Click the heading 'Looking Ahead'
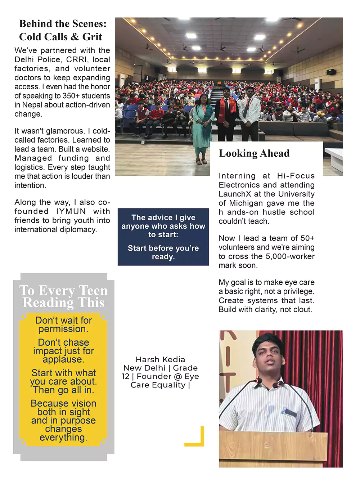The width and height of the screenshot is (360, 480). [x=254, y=153]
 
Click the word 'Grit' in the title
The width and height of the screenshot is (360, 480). [x=92, y=37]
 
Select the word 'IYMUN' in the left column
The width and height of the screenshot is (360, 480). [x=71, y=212]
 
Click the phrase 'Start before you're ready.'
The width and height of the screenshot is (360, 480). [x=163, y=252]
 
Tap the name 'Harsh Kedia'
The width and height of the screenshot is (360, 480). [x=160, y=359]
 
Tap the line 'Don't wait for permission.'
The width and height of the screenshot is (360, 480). [x=63, y=324]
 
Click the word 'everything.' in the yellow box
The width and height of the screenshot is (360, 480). [x=63, y=438]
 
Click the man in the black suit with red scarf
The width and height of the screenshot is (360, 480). [x=226, y=113]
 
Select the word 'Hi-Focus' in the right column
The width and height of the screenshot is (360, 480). [x=296, y=176]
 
